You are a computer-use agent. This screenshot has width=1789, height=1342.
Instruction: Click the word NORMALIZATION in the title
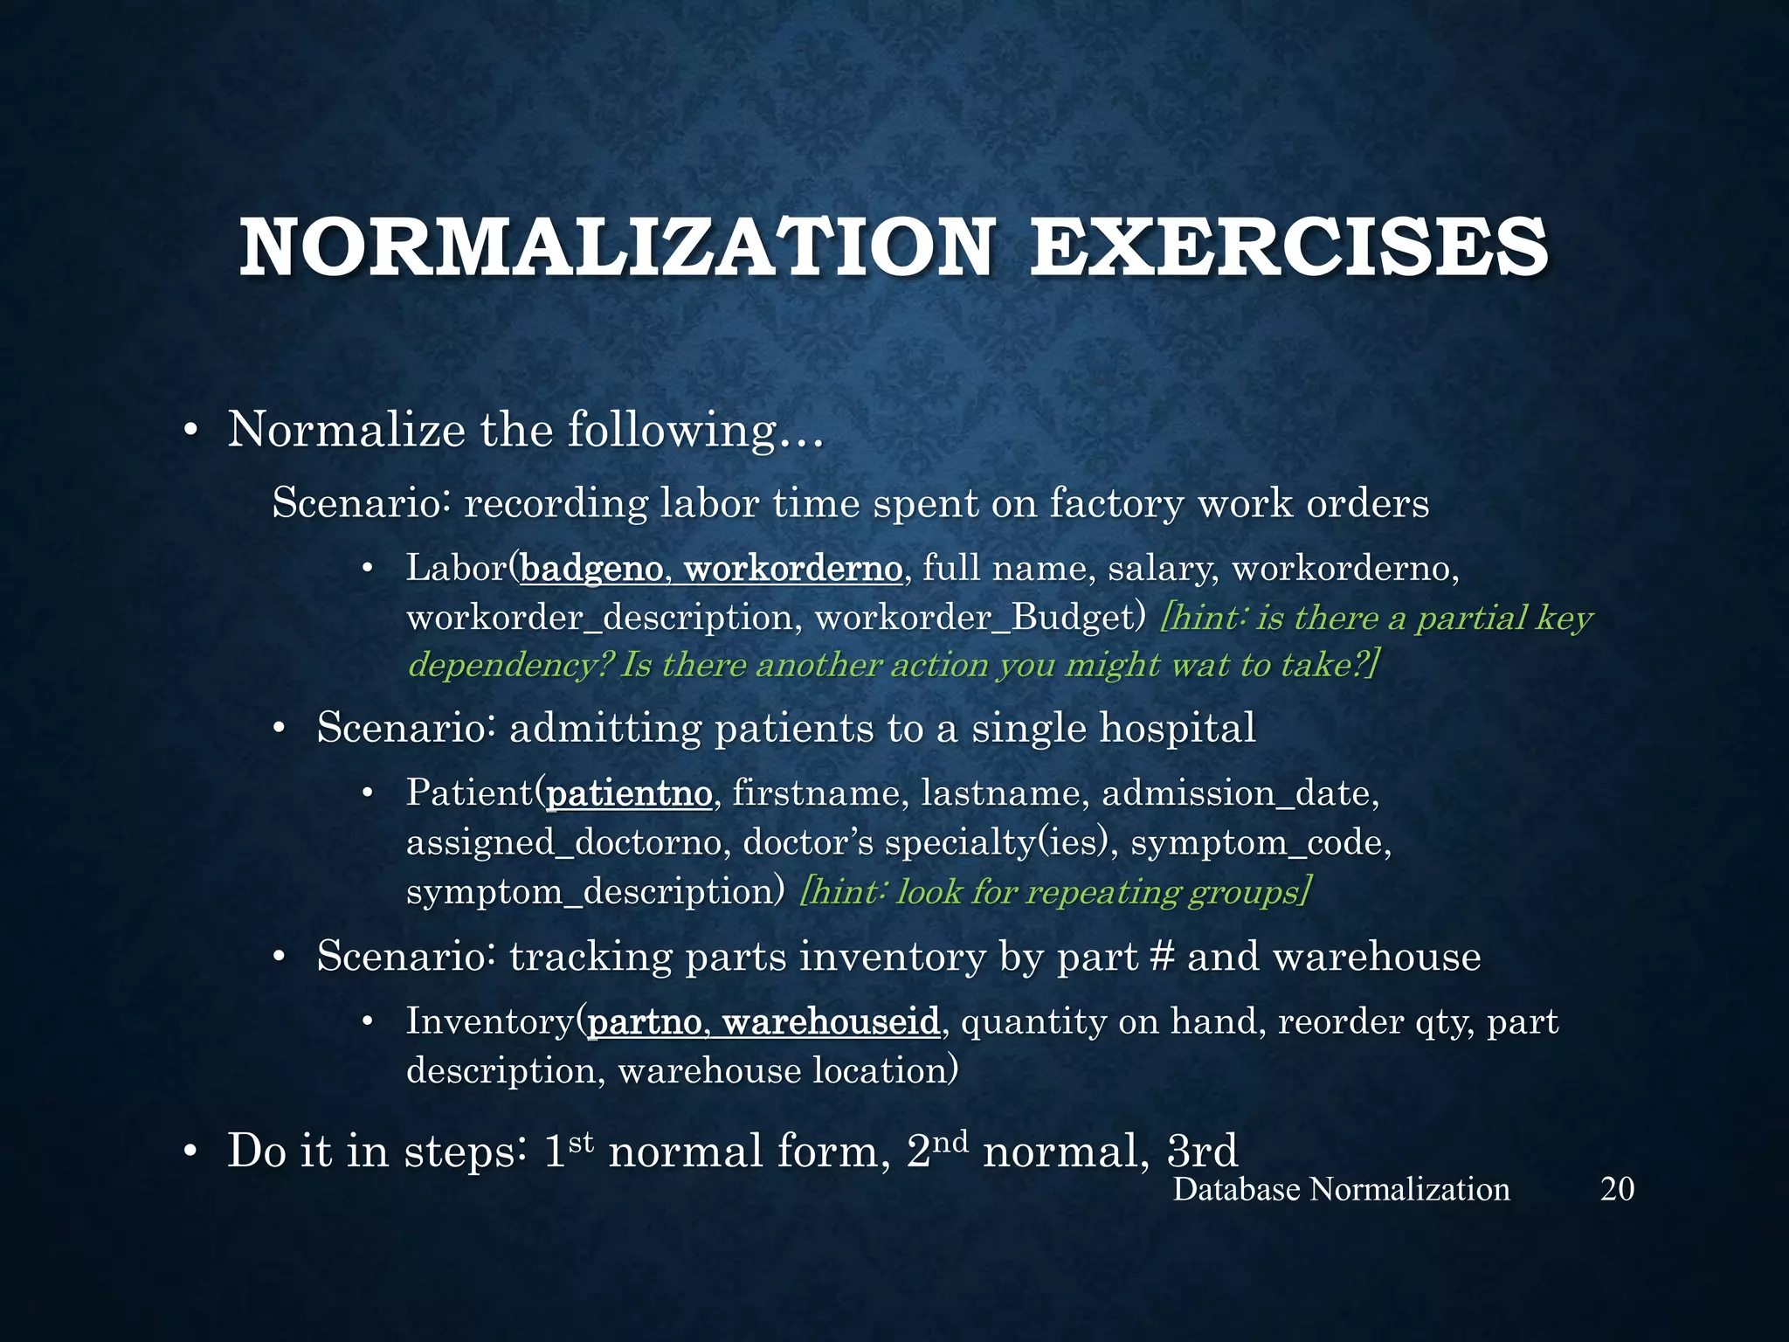pos(616,249)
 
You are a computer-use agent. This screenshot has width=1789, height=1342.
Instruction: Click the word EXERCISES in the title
pos(1289,249)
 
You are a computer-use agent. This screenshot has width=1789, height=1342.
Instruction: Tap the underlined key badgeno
pos(591,569)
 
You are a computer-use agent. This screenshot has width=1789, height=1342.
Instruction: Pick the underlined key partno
pos(645,1021)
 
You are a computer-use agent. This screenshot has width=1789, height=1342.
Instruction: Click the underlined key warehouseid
pos(831,1021)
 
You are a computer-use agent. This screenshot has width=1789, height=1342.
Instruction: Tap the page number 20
pos(1617,1189)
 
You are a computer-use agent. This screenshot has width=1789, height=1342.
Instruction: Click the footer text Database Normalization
pos(1341,1189)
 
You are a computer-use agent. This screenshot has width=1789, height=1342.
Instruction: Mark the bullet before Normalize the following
pos(190,431)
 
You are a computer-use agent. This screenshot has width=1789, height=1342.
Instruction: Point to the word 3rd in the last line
pos(1202,1151)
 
